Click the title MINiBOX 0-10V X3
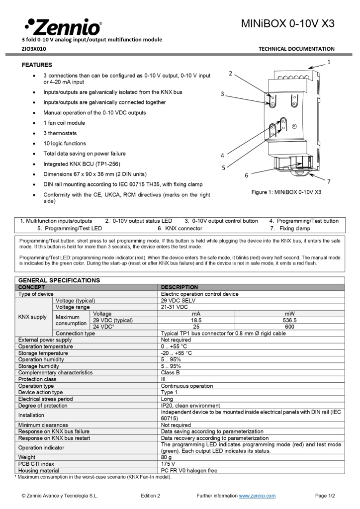pos(287,23)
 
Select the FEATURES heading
pos(37,65)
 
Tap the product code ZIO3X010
pos(34,49)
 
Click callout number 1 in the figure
pos(329,62)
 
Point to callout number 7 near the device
pos(329,181)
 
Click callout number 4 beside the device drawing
pos(222,156)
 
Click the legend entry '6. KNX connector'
pos(180,229)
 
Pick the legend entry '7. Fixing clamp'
pos(290,229)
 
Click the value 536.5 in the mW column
pos(289,321)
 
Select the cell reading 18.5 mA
pos(196,321)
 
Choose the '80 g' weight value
pos(167,457)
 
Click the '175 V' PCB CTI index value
pos(168,464)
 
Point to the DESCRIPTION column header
pos(179,287)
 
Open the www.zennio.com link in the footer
pos(257,496)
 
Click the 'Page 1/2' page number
pos(325,496)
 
